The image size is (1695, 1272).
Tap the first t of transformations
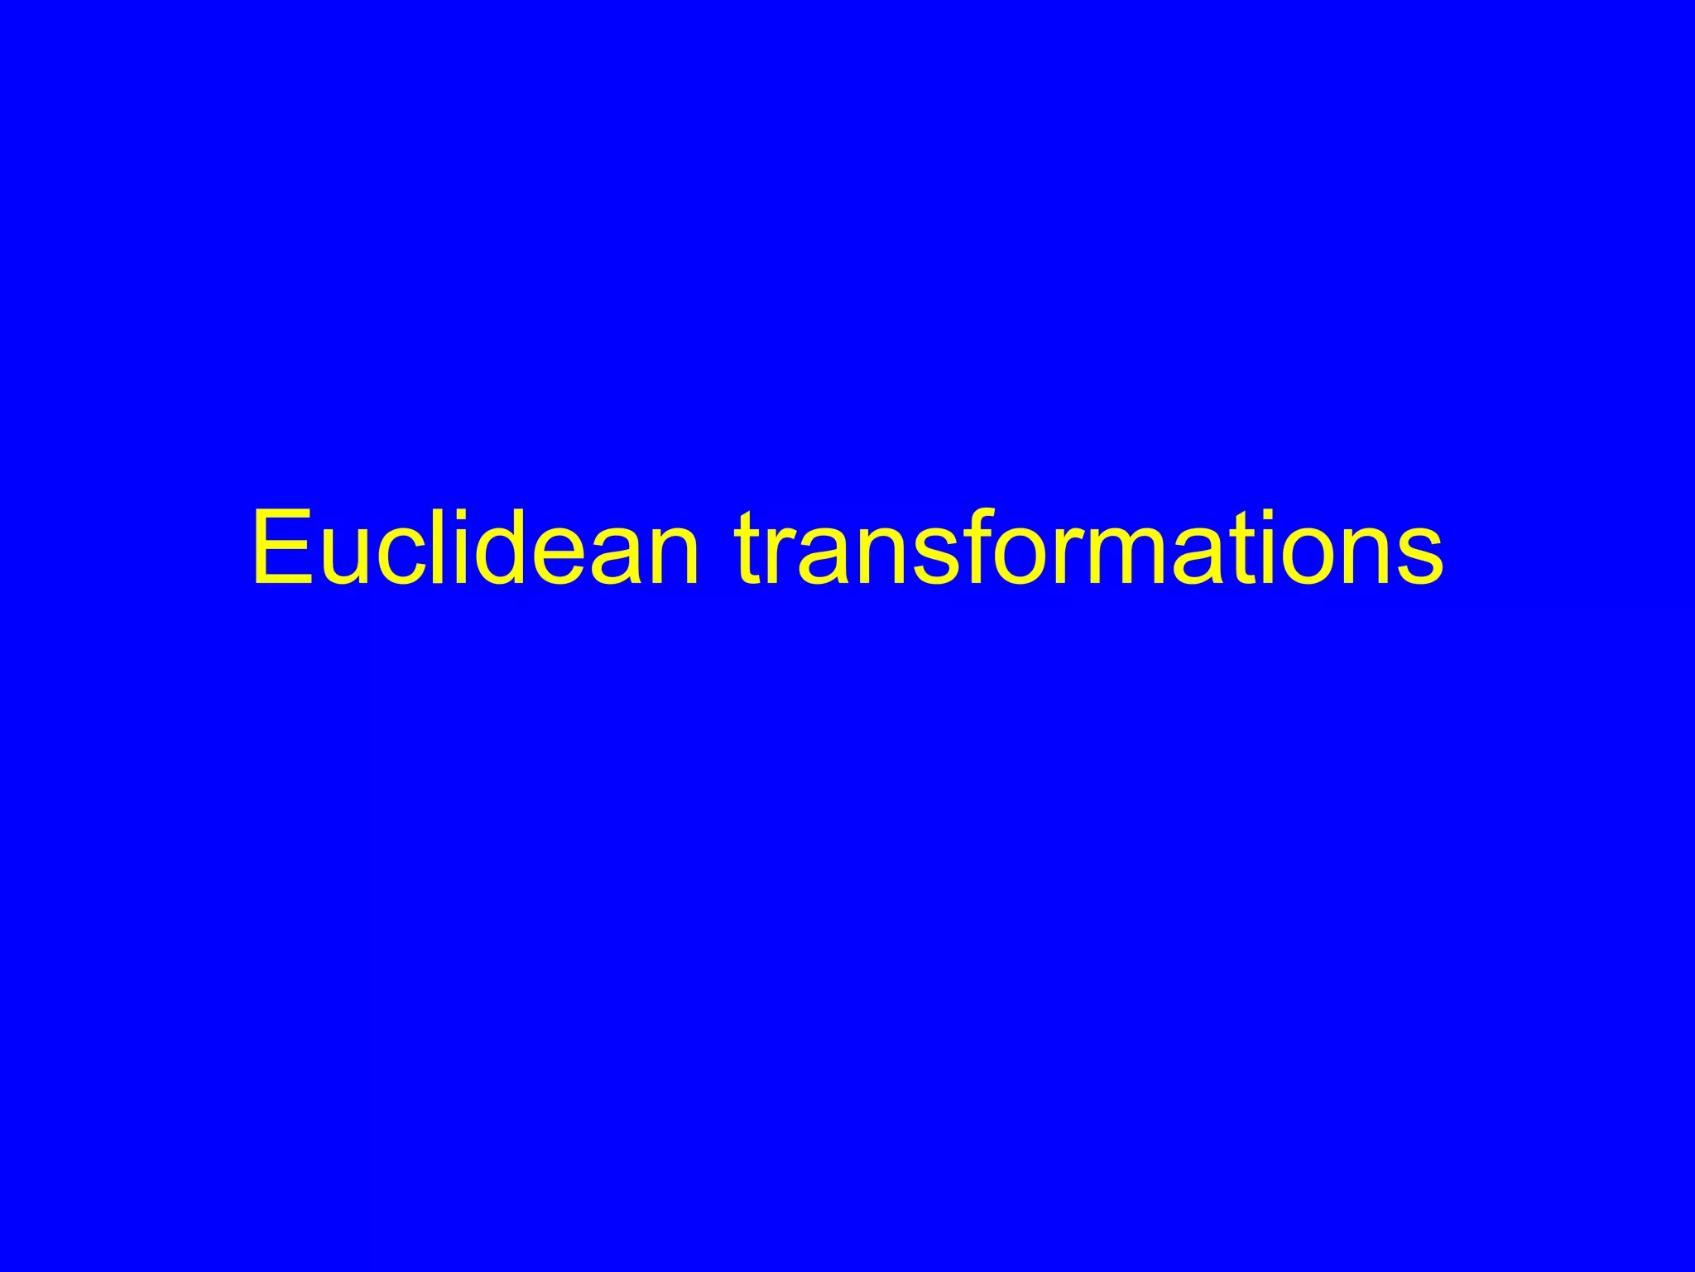[749, 550]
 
